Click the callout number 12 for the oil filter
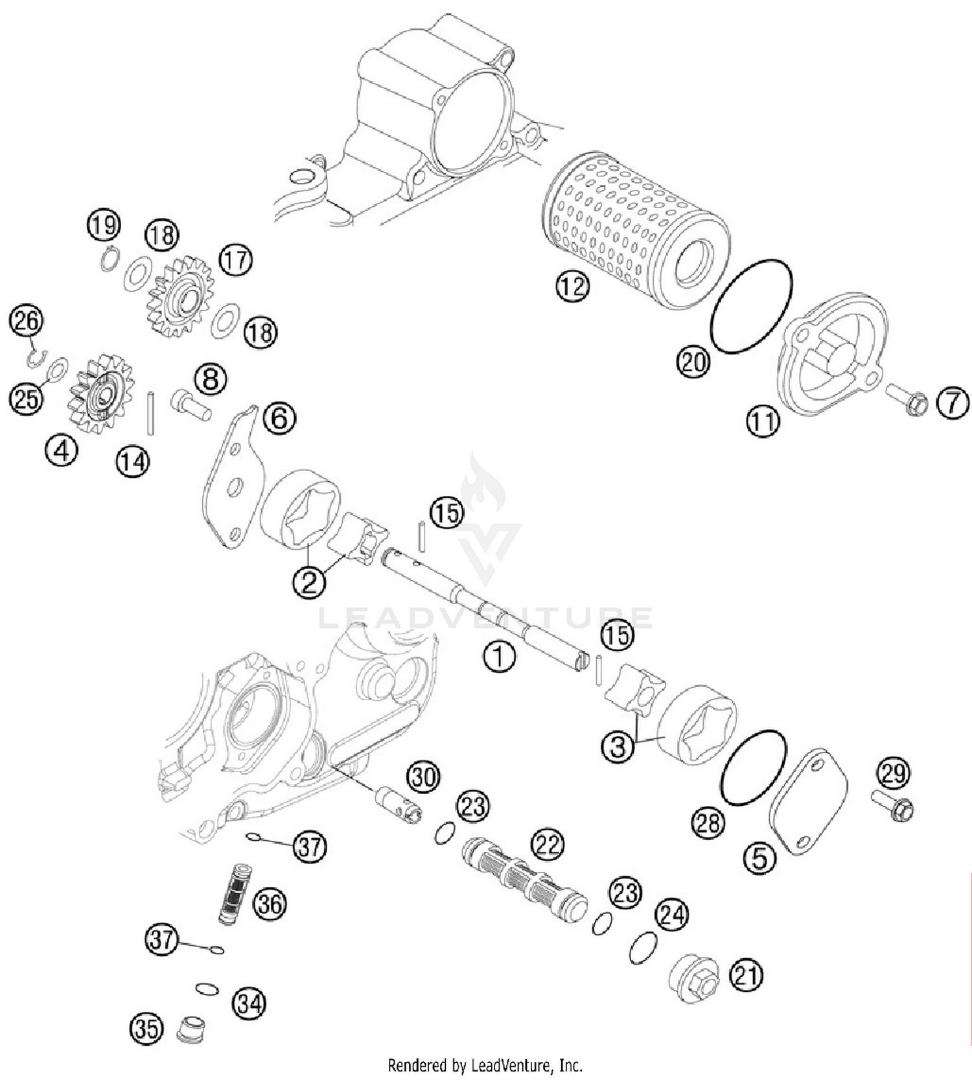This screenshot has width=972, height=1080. [572, 287]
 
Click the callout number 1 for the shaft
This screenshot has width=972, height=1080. [499, 657]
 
